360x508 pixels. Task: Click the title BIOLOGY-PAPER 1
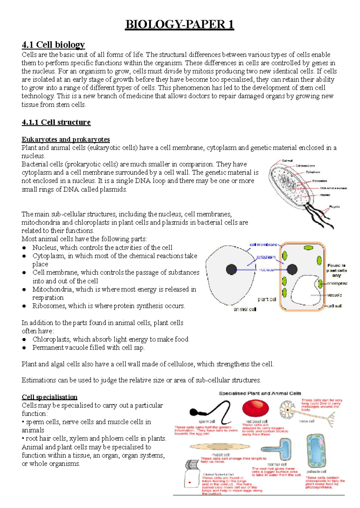tap(179, 25)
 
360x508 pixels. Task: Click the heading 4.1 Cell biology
tap(53, 45)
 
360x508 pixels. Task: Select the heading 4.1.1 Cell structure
tap(56, 122)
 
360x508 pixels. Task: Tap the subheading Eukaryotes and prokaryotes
tap(66, 139)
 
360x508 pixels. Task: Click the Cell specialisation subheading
tap(49, 397)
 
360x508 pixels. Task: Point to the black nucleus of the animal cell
tap(231, 270)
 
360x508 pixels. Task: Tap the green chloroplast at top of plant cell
tap(308, 248)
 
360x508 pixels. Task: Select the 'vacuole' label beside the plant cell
tap(334, 295)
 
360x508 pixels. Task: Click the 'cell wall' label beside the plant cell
tap(334, 306)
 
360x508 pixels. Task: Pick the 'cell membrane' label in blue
tap(263, 245)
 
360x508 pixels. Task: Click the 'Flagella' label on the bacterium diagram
tap(334, 207)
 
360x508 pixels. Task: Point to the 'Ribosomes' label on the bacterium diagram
tap(319, 181)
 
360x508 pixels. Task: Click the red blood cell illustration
tap(255, 409)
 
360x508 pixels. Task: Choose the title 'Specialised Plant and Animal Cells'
tap(260, 393)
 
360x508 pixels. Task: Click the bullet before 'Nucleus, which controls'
tap(24, 248)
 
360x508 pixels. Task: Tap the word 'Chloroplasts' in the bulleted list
tap(52, 339)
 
